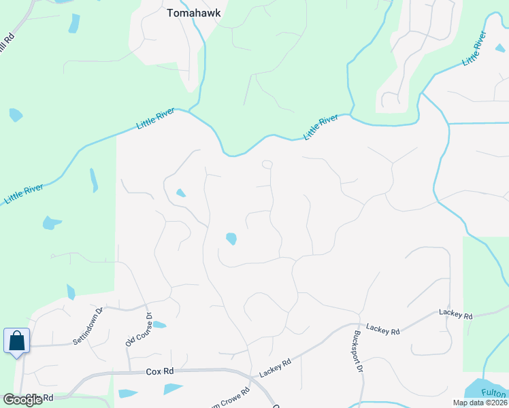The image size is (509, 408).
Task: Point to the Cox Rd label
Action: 160,372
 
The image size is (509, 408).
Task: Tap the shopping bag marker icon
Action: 16,340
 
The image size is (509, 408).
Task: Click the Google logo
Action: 22,400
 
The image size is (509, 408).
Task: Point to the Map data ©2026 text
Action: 479,403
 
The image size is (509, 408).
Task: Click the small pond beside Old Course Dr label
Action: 159,324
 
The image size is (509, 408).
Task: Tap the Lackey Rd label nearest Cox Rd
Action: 276,369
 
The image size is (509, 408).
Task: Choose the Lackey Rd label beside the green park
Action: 455,314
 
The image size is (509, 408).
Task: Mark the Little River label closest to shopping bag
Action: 24,193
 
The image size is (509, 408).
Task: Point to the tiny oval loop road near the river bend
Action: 267,164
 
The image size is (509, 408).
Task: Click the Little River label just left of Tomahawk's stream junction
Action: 156,118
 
